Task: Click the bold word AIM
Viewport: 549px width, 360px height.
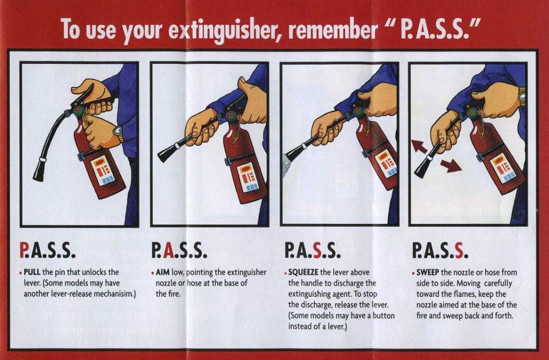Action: point(162,272)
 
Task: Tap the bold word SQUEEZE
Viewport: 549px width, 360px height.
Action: point(307,272)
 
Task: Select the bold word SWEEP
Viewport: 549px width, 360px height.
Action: point(428,272)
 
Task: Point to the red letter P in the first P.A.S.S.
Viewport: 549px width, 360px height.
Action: point(24,250)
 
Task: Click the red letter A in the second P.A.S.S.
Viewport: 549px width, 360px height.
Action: point(168,250)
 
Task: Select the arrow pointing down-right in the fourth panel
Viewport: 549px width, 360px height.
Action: point(452,166)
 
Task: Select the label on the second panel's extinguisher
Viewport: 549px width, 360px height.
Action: point(248,177)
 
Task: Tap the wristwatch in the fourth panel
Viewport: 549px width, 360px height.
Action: point(522,97)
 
